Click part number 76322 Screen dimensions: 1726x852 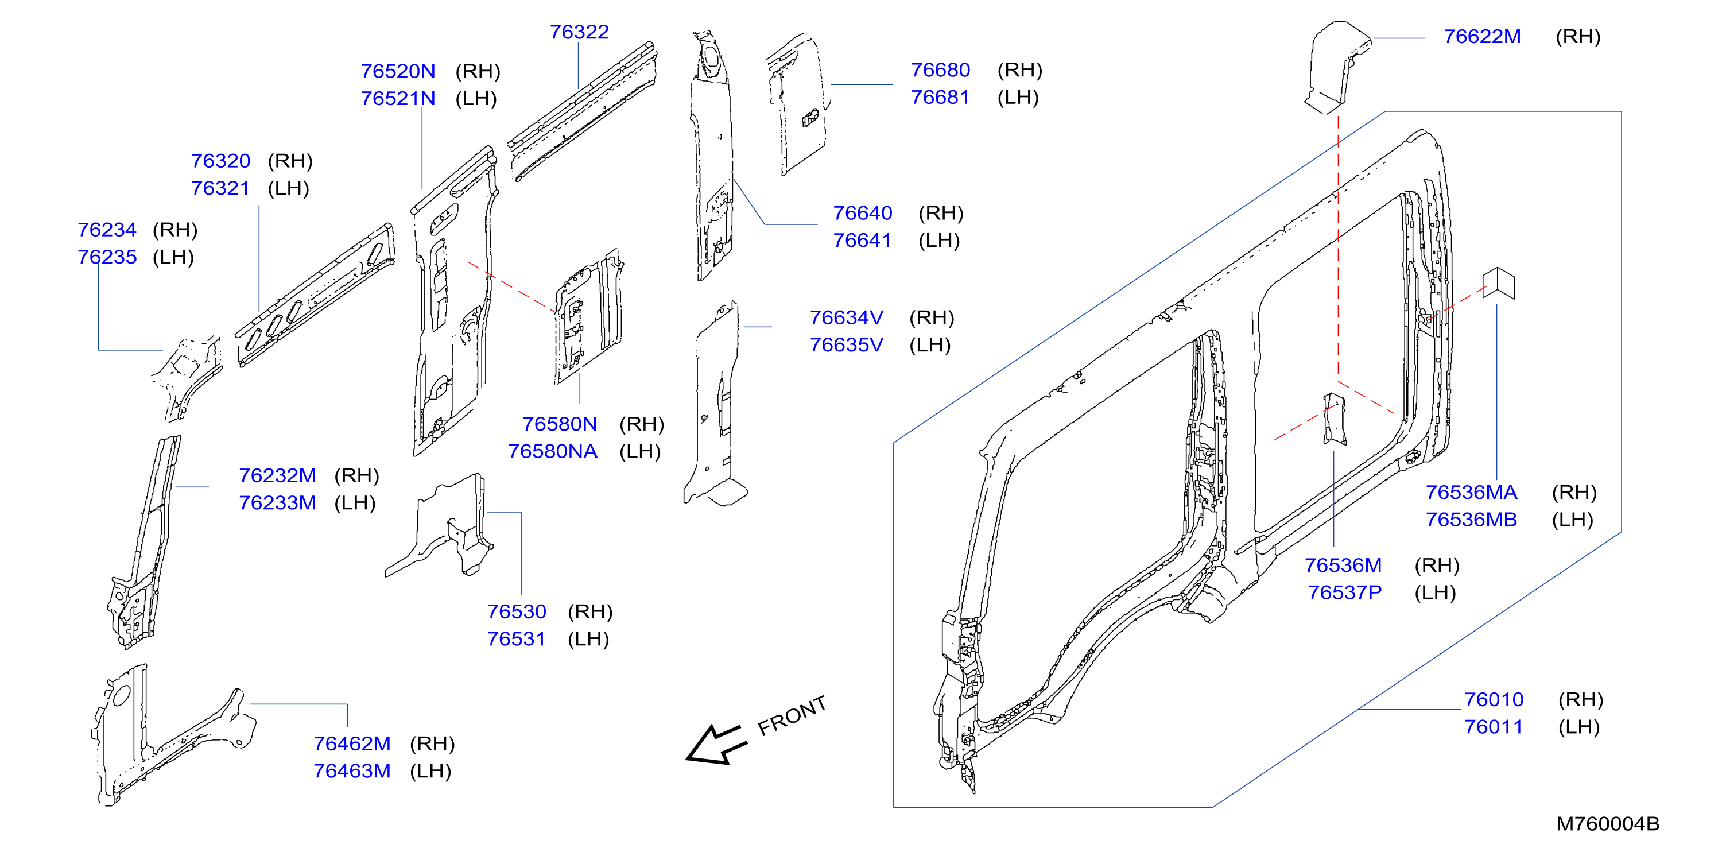(x=579, y=32)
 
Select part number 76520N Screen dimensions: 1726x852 (x=398, y=71)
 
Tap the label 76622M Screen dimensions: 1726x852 (x=1482, y=36)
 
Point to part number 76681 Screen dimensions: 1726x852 (x=940, y=97)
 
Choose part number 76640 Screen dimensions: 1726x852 (x=862, y=213)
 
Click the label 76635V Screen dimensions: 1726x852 (x=846, y=344)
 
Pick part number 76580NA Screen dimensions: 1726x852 (x=553, y=451)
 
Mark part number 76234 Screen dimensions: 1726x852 (x=107, y=230)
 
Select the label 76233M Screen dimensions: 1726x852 (x=277, y=503)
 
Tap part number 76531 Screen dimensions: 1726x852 (x=517, y=639)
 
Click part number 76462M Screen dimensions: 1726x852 (x=352, y=743)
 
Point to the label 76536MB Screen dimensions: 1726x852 (x=1471, y=520)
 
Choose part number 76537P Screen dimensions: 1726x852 (x=1345, y=592)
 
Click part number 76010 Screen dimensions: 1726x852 (x=1494, y=700)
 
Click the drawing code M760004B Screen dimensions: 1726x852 (x=1607, y=824)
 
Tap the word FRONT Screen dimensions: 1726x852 (x=792, y=715)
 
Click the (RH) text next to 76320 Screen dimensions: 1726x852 (x=290, y=161)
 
